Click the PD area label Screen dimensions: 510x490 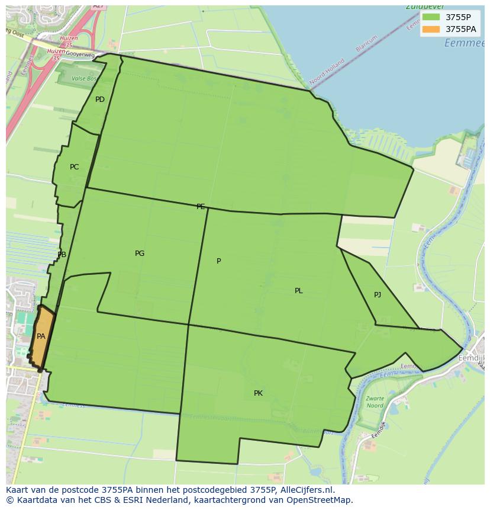tap(100, 100)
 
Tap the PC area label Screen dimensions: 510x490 tap(74, 167)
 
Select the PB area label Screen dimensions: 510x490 tap(62, 255)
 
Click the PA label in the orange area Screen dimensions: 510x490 tap(41, 336)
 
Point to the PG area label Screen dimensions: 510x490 tap(140, 254)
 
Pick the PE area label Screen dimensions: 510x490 tap(201, 207)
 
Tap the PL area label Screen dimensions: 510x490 tap(299, 291)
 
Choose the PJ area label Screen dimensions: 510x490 tap(378, 295)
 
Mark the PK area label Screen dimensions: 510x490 tap(258, 393)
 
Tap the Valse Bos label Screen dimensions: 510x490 tap(82, 78)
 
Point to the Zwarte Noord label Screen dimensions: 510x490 tap(374, 402)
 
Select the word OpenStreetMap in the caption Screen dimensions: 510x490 tap(320, 500)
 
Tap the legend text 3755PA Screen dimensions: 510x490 tap(461, 29)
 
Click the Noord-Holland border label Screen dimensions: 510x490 tap(326, 70)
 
